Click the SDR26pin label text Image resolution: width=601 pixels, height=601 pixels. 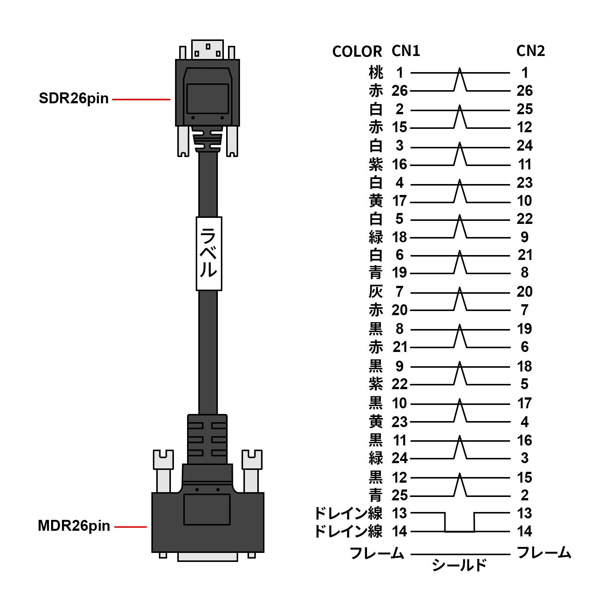point(74,98)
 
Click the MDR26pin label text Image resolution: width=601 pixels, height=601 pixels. point(74,526)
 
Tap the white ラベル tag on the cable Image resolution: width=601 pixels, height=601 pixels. point(209,254)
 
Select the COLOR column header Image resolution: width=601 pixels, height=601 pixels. point(357,51)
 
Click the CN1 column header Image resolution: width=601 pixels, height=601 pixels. point(406,51)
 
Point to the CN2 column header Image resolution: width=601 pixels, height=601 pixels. point(530,51)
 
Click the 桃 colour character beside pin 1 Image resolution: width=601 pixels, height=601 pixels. point(376,72)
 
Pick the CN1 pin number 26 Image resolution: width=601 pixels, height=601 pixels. point(400,91)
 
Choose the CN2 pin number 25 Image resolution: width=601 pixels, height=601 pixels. point(524,109)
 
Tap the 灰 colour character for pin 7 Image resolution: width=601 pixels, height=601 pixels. point(376,291)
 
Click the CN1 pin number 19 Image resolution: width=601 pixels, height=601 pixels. point(400,273)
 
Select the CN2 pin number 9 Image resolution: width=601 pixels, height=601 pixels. point(524,237)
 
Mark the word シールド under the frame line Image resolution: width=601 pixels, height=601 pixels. point(459,565)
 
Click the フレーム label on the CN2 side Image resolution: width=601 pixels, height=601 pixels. point(544,553)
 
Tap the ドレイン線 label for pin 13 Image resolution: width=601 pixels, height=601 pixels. point(348,513)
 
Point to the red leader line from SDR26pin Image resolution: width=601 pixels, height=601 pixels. point(141,100)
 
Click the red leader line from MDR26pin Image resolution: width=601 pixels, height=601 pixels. point(130,527)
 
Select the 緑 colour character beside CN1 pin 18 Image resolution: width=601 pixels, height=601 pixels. point(376,237)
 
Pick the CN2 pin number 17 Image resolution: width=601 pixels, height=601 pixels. point(524,403)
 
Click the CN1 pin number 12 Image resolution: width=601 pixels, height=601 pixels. point(400,477)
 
